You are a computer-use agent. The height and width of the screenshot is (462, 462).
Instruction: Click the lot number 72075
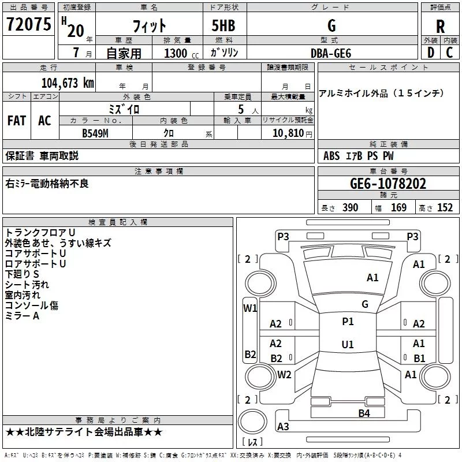(x=28, y=25)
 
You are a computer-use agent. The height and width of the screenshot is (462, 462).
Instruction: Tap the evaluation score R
(x=440, y=27)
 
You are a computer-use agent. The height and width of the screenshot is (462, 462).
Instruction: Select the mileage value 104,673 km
(x=68, y=83)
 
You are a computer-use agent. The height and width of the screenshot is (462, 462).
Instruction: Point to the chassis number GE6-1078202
(x=388, y=184)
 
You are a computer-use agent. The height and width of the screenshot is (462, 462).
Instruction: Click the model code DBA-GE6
(x=330, y=53)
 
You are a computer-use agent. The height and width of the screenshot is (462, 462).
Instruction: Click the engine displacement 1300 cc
(x=176, y=53)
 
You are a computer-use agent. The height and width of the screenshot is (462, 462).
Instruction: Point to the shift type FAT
(x=17, y=121)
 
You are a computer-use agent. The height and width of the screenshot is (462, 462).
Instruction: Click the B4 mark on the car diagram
(x=364, y=413)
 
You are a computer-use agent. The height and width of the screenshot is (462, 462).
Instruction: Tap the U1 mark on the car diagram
(x=348, y=345)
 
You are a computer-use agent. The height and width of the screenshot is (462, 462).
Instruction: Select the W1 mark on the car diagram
(x=250, y=308)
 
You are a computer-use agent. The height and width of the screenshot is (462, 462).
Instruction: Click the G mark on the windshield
(x=365, y=304)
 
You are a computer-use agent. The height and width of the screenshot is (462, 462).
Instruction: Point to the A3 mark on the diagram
(x=283, y=427)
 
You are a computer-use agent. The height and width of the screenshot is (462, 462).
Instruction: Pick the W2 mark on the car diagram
(x=284, y=375)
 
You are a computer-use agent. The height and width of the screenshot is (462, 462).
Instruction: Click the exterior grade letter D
(x=430, y=53)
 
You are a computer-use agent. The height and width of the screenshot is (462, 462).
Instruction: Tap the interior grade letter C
(x=450, y=53)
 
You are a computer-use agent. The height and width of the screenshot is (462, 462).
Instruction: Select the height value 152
(x=445, y=208)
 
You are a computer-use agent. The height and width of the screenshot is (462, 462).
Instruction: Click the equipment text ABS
(x=332, y=156)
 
